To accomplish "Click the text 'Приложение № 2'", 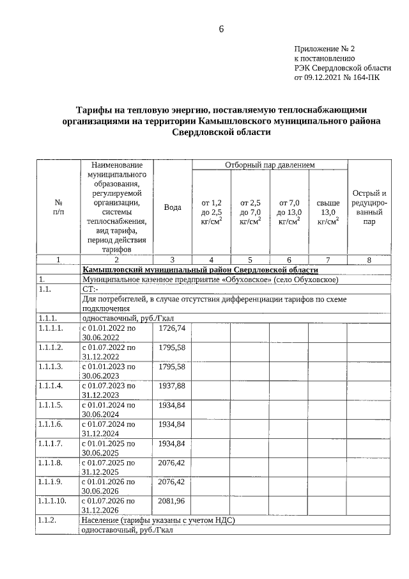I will point(324,49).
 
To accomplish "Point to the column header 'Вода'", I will point(173,207).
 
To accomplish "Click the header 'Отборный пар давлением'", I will point(270,165).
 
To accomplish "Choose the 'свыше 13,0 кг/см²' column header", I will point(328,212).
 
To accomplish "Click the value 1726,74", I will point(172,328).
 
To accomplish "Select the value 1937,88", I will point(172,386).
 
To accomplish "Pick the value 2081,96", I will point(172,500).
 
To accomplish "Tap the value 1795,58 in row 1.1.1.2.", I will point(172,347).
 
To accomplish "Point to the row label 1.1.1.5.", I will point(50,405).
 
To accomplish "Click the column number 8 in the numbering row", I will point(369,260).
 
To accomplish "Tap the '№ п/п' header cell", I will point(59,207).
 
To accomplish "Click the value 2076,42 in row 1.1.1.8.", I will point(172,462).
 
